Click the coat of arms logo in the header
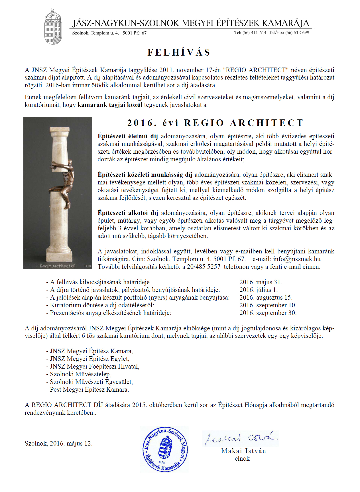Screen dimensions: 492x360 [53, 27]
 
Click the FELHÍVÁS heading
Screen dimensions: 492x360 [179, 52]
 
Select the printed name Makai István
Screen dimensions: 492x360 [243, 451]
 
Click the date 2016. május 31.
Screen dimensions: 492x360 [261, 282]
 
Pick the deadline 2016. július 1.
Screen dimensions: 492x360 [258, 290]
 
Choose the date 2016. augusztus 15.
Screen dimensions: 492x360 [266, 298]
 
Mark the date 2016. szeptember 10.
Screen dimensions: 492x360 [268, 305]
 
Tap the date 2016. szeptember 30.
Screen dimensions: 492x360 [268, 313]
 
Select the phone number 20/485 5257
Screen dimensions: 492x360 [204, 267]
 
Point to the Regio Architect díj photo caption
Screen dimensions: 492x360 [58, 266]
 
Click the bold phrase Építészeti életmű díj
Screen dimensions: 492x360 [127, 136]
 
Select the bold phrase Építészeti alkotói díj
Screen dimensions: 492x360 [128, 213]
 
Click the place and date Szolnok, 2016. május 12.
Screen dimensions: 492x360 [58, 444]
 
